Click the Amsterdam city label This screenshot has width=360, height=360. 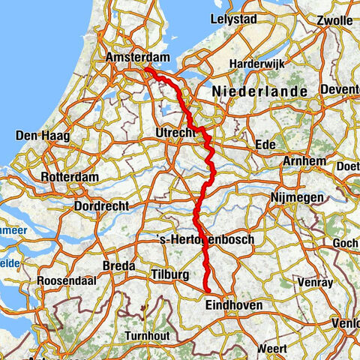click(x=138, y=57)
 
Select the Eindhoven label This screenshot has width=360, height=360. click(x=232, y=304)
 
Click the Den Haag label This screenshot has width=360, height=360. click(x=38, y=136)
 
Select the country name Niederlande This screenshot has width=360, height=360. click(x=260, y=91)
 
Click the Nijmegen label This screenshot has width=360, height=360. click(x=299, y=197)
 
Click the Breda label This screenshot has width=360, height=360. click(x=118, y=265)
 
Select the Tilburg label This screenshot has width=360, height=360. click(x=169, y=275)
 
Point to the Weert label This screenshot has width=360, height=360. click(x=271, y=349)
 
